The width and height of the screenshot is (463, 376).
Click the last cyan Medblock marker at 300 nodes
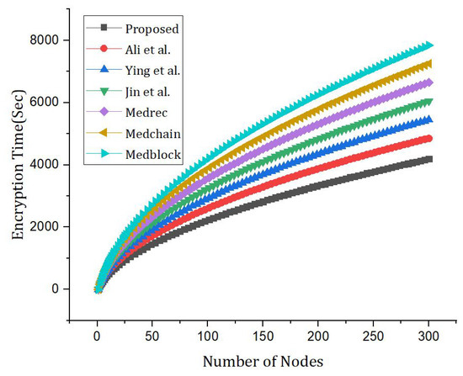click(x=428, y=45)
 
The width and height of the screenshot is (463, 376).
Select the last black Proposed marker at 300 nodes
click(x=428, y=159)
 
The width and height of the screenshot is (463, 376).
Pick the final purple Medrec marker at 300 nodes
click(x=428, y=82)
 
